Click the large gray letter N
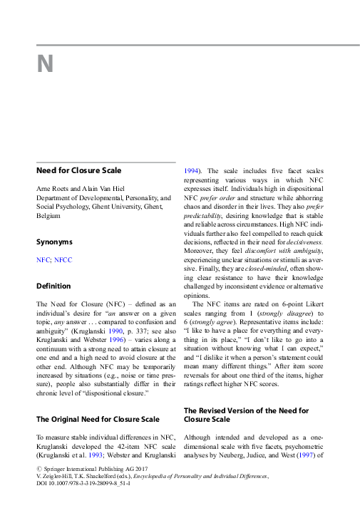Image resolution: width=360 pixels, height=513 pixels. click(46, 65)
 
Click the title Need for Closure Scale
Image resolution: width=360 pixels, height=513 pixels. click(79, 170)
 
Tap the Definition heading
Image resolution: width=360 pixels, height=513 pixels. click(54, 286)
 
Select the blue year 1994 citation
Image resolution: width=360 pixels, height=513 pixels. click(191, 171)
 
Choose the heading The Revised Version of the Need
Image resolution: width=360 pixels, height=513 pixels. click(246, 412)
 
